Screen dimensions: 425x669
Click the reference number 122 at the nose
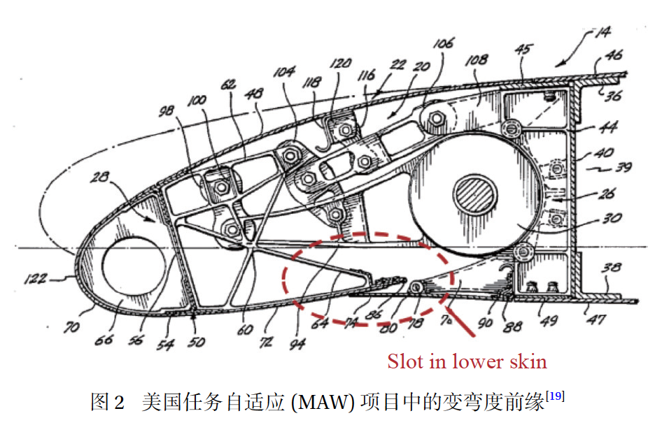(34, 279)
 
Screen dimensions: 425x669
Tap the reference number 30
(611, 218)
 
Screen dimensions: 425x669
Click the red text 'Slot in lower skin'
(467, 361)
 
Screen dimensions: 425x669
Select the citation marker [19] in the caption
(555, 396)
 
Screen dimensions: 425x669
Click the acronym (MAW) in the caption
(315, 402)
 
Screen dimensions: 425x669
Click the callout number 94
(297, 343)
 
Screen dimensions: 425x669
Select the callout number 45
(523, 51)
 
